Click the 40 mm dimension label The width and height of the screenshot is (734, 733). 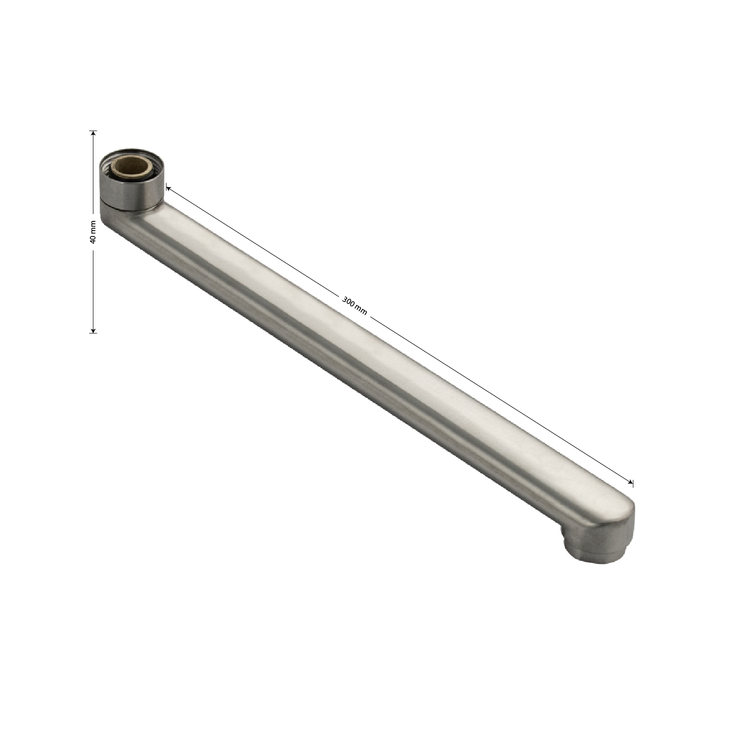pyautogui.click(x=93, y=232)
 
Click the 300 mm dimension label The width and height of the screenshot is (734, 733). pyautogui.click(x=355, y=305)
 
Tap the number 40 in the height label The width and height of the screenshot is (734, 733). pyautogui.click(x=93, y=239)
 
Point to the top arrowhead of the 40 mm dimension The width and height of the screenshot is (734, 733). pyautogui.click(x=93, y=134)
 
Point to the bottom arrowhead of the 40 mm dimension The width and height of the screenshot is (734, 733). pyautogui.click(x=93, y=329)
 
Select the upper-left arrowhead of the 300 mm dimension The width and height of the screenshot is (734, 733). pyautogui.click(x=169, y=187)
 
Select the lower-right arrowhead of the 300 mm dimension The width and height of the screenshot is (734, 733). pyautogui.click(x=629, y=481)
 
